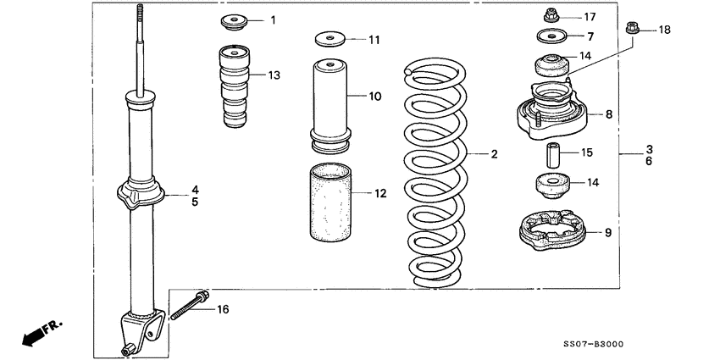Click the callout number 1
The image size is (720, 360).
[x=274, y=19]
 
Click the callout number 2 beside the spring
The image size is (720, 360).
[x=493, y=154]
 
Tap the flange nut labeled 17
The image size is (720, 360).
[x=548, y=16]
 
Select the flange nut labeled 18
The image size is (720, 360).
[x=631, y=30]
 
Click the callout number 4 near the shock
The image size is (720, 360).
[x=195, y=189]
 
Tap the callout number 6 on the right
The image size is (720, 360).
[x=649, y=161]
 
